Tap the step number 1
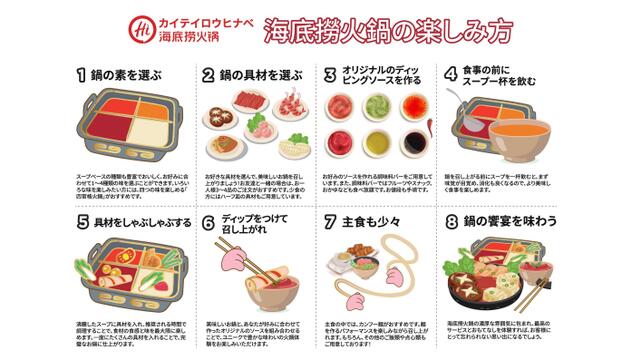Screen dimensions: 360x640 [x=81, y=75]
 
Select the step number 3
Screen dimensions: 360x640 [x=329, y=75]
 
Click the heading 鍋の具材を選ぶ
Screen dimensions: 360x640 [x=255, y=75]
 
